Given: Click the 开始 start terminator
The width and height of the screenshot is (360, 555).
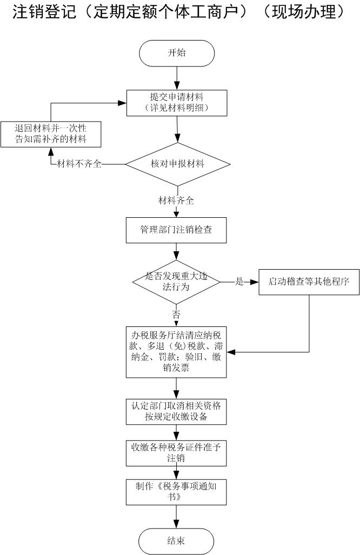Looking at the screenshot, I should [177, 53].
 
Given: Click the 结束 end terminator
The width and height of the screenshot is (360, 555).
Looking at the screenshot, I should [176, 540].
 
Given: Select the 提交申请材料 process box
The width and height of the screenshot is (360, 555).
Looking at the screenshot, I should [177, 102].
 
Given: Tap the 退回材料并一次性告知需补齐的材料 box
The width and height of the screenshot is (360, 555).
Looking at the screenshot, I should [51, 135].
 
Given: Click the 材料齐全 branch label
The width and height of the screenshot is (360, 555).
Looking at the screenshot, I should [176, 200].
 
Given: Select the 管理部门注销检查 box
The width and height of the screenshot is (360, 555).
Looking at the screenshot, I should [176, 230].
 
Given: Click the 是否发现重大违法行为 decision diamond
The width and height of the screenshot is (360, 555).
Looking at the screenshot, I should [176, 282].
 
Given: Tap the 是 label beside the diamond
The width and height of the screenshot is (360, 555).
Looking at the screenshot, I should [239, 282].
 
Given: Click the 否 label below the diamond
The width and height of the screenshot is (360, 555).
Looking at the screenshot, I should [176, 314].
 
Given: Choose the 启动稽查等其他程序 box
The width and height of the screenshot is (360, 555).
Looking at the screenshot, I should [309, 282].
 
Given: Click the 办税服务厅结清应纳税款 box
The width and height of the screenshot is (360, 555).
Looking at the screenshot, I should [176, 352].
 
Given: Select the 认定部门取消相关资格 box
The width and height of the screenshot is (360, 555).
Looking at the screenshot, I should [176, 412].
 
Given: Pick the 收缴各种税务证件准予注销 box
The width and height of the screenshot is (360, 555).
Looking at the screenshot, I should [176, 452].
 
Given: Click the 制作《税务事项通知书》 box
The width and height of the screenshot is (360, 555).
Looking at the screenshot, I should [176, 491].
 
